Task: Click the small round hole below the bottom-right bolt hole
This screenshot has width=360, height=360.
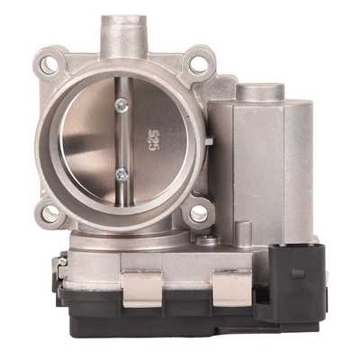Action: [x=207, y=240]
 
